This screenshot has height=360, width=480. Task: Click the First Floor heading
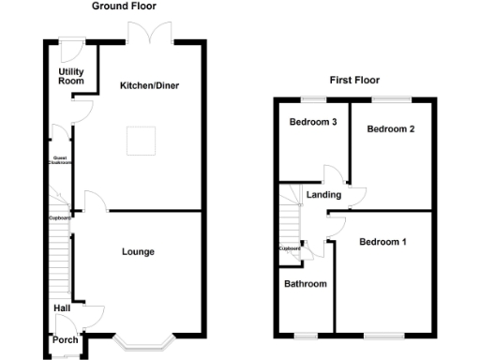354,80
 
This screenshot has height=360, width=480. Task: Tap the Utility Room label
70,76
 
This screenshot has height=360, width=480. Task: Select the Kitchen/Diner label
149,86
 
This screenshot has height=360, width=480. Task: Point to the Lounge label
138,251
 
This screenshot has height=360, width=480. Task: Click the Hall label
62,307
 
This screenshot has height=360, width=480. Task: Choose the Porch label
65,339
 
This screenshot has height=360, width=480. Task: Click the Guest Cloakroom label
61,161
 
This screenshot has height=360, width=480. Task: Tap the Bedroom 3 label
313,123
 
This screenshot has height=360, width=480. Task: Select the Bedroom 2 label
391,129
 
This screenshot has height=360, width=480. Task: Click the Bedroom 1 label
382,243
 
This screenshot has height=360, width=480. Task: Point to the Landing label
324,195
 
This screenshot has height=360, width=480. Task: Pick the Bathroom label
306,284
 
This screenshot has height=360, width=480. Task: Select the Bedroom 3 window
313,98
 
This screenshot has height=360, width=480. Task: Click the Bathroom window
306,335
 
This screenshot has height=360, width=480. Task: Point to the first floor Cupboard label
290,248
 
